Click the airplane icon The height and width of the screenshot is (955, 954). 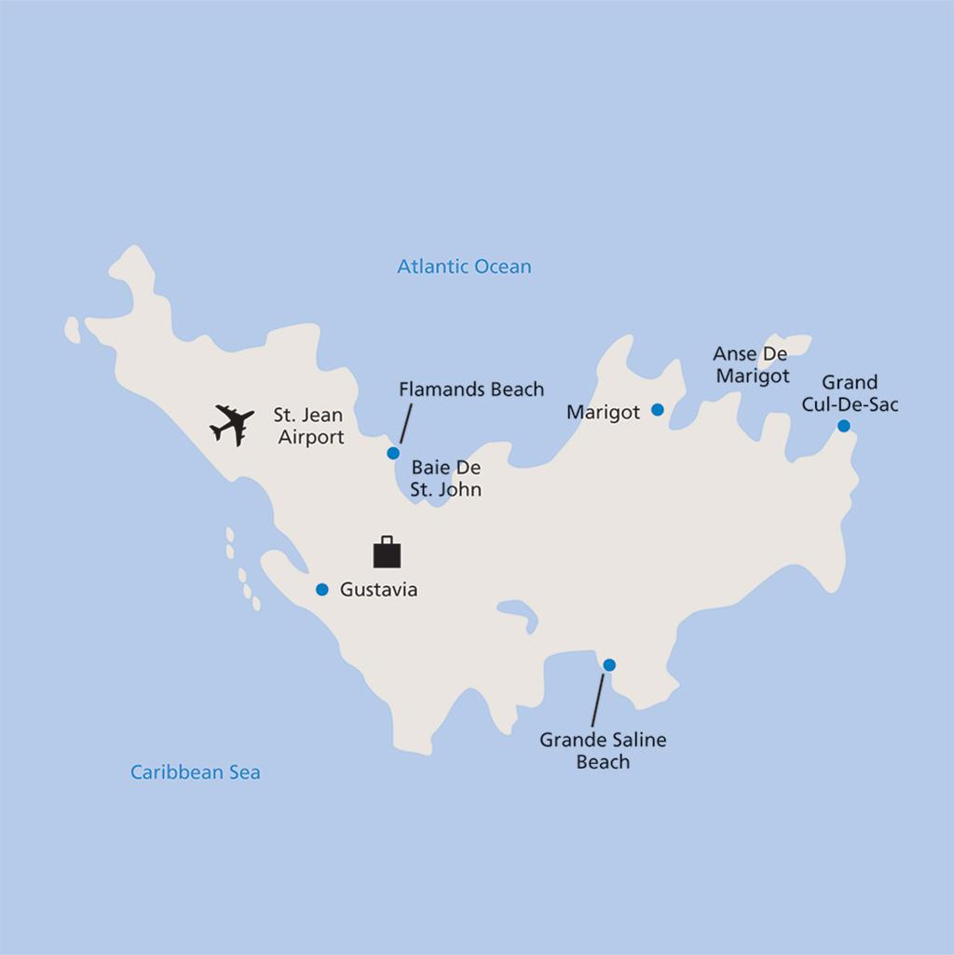pos(232,424)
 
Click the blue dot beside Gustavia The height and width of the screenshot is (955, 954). pos(322,589)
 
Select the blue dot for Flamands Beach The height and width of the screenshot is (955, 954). pos(393,453)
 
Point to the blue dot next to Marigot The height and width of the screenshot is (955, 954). pos(658,409)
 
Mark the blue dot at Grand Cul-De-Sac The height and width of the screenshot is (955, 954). pos(843,426)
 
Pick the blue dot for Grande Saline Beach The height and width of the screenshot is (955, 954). pos(609,664)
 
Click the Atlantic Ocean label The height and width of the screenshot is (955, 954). pos(464,266)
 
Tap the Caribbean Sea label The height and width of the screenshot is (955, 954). pos(196,771)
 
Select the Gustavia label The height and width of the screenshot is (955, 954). pos(379,590)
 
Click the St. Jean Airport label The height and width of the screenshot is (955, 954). pos(308,426)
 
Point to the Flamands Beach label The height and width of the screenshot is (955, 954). pos(471,389)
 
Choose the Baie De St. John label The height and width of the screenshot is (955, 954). pos(446,478)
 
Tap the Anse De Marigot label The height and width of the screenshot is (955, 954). pos(751,365)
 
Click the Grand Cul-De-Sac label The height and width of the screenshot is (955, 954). pos(850,393)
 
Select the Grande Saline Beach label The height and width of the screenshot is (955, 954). pos(603,751)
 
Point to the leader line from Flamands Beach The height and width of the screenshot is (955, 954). pos(405,423)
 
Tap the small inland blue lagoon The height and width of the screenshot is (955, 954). pos(518,614)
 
